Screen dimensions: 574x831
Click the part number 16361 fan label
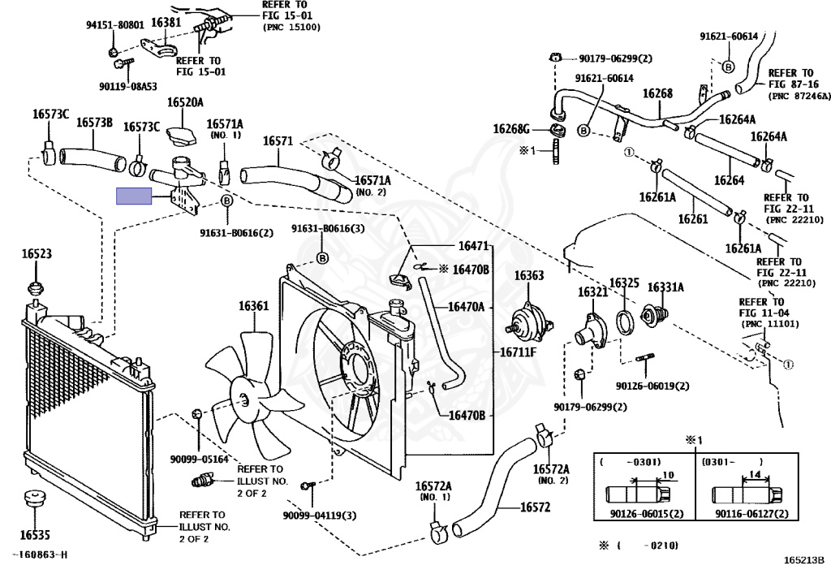[x=252, y=306]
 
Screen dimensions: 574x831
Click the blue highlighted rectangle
[x=133, y=196]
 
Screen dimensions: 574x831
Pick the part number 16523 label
[x=36, y=254]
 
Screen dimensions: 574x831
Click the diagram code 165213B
[x=803, y=559]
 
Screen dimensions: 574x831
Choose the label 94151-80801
[x=115, y=24]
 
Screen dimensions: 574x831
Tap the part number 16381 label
[x=166, y=23]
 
